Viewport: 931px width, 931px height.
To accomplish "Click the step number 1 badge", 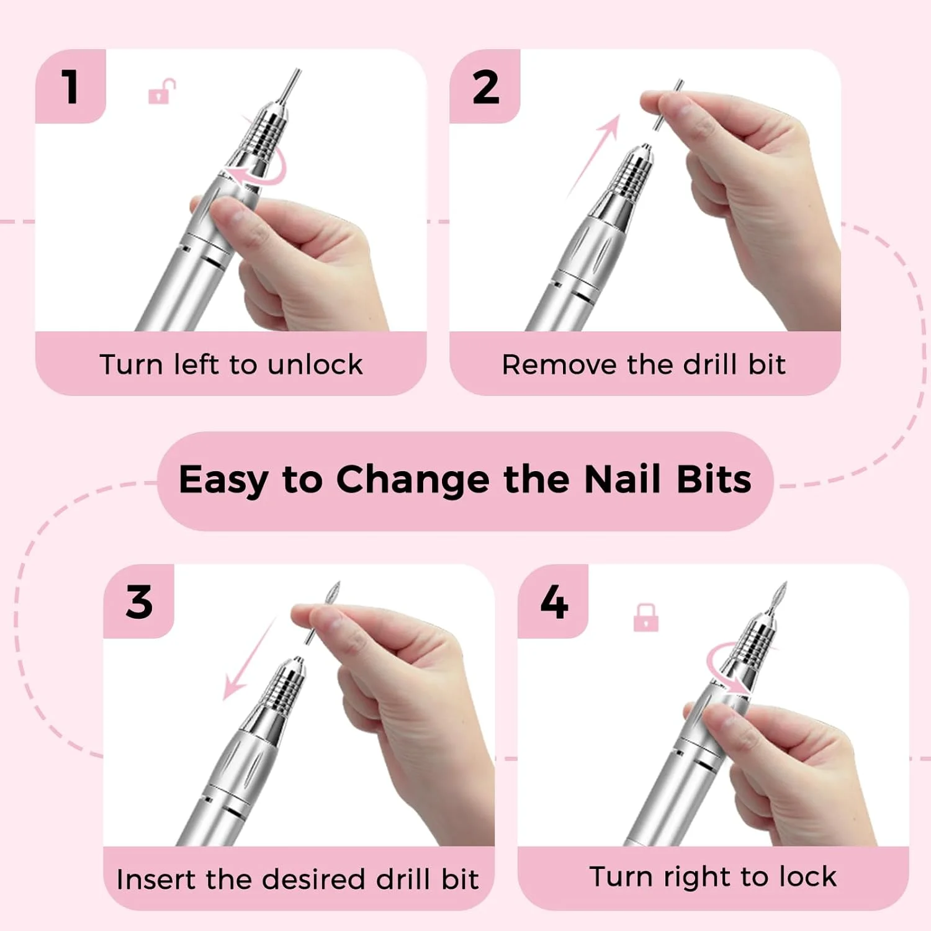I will point(70,86).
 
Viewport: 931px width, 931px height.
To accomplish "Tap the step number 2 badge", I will point(485,87).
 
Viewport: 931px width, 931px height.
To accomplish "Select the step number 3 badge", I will point(138,601).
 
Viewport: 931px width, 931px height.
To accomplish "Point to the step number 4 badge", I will point(554,601).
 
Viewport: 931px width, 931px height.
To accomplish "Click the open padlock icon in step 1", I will point(161,92).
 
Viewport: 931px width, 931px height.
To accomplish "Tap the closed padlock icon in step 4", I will point(645,618).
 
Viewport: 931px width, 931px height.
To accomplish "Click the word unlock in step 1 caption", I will point(315,364).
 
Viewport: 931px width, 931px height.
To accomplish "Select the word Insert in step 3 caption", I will point(156,879).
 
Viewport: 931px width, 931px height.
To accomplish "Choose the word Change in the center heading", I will point(413,480).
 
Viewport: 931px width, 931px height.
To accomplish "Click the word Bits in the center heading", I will point(714,480).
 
